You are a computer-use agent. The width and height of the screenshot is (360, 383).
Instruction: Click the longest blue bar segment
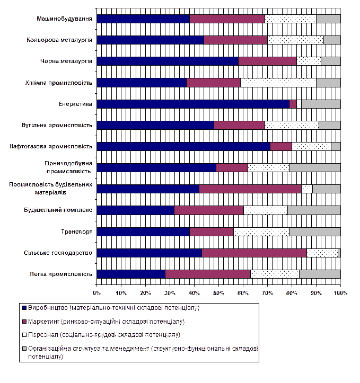click(x=194, y=104)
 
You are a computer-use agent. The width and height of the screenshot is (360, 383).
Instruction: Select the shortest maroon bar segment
click(x=293, y=104)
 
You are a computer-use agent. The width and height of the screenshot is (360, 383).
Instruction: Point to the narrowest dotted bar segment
click(x=298, y=104)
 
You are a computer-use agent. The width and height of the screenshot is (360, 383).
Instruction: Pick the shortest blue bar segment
click(x=131, y=274)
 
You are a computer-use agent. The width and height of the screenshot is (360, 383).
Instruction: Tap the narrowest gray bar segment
click(x=339, y=253)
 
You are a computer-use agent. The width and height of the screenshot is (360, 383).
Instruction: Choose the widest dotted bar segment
click(x=278, y=83)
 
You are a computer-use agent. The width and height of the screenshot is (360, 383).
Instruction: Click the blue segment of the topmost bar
click(x=144, y=19)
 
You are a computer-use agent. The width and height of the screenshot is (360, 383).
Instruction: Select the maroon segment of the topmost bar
click(x=227, y=19)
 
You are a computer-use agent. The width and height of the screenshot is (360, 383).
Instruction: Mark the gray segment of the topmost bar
click(x=328, y=19)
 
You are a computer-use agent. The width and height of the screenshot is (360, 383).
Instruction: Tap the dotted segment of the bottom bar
click(x=275, y=274)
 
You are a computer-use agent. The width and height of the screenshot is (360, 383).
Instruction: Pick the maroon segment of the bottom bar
click(x=208, y=274)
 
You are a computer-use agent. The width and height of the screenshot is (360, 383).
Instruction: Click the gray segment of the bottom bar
click(x=320, y=274)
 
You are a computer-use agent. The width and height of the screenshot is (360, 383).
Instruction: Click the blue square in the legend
click(x=24, y=307)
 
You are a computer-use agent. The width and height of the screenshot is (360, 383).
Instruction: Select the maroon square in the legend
click(x=24, y=321)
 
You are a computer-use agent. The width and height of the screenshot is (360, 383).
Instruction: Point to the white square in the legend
click(x=24, y=335)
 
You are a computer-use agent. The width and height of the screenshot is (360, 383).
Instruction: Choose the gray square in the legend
click(x=24, y=349)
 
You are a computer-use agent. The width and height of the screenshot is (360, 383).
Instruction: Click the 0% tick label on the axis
click(x=98, y=292)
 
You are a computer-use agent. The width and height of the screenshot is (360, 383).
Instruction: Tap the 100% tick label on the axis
click(x=340, y=292)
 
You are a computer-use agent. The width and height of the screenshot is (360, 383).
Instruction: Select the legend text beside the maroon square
click(x=107, y=321)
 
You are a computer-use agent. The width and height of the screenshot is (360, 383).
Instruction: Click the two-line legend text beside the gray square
click(x=143, y=353)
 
